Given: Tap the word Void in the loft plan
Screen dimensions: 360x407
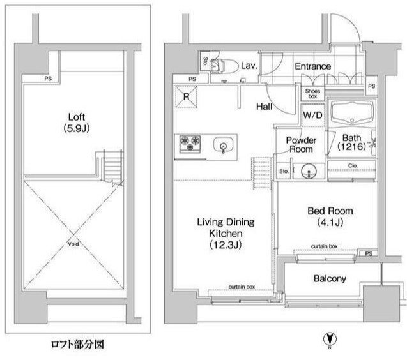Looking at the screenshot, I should coord(75,243).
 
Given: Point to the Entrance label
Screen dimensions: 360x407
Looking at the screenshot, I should coord(312,66).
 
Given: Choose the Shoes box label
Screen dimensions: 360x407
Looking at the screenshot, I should coord(312,93).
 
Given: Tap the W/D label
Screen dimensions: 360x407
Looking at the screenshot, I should coord(312,116).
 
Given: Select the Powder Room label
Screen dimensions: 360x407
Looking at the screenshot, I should coord(299,144).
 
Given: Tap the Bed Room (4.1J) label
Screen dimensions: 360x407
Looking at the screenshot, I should coord(330,216).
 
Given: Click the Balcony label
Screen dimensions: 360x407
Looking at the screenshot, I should coord(330,279).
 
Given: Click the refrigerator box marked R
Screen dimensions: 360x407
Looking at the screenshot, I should coord(186,97).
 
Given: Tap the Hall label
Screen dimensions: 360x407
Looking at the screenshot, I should coord(265,107).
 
